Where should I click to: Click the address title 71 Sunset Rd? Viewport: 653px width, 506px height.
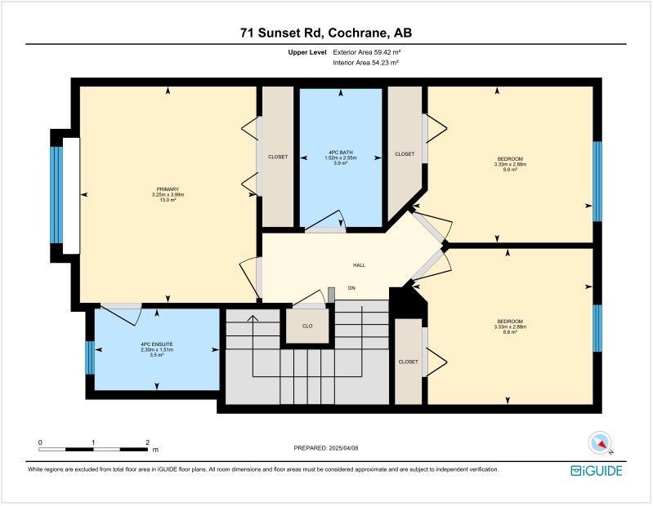click(x=326, y=33)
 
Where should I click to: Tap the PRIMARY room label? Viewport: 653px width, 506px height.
click(x=168, y=194)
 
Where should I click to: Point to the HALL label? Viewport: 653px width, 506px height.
click(x=359, y=265)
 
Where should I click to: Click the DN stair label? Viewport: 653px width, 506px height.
click(x=352, y=288)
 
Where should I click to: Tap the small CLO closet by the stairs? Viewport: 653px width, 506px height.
click(x=307, y=326)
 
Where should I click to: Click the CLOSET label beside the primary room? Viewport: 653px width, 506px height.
click(x=278, y=157)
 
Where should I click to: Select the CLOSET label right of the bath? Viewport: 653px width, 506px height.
click(x=405, y=153)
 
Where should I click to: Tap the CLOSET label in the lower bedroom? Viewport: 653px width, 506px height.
click(x=409, y=362)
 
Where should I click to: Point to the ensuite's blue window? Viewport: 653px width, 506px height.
click(x=90, y=357)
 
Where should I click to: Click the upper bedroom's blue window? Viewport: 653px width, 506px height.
click(x=597, y=180)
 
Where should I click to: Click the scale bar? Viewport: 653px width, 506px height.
click(x=93, y=448)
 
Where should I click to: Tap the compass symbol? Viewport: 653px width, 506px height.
click(x=602, y=444)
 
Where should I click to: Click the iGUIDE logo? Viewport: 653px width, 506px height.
click(x=597, y=471)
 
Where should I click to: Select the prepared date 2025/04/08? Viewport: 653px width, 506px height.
click(x=325, y=448)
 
